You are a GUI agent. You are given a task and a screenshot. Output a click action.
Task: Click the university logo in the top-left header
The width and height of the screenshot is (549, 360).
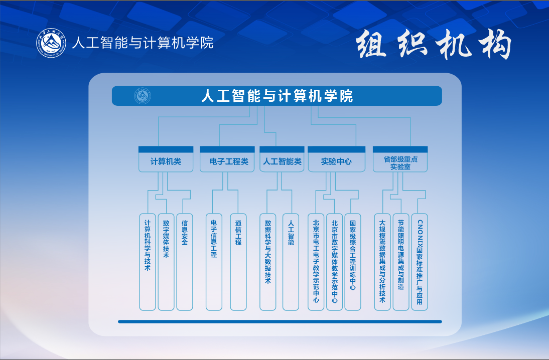coord(51,43)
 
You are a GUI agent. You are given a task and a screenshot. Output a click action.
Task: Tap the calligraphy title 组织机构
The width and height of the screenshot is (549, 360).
coord(434,46)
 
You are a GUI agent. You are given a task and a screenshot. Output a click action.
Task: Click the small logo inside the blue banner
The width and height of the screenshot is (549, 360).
coord(143,96)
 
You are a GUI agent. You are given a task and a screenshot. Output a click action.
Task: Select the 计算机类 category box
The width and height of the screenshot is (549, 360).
coord(166,161)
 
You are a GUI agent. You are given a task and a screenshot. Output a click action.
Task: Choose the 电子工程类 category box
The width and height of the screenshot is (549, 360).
coord(227,161)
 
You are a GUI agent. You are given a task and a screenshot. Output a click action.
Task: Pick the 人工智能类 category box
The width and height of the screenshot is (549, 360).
coord(282,161)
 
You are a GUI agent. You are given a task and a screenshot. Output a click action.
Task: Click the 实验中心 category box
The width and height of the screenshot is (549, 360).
coord(336,161)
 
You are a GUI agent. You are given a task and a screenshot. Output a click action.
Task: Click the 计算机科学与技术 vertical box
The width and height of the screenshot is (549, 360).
coord(148,261)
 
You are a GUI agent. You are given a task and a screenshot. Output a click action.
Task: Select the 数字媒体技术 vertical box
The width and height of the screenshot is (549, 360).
coord(166,261)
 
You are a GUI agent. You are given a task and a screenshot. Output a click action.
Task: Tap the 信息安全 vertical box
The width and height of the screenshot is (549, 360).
coord(184,261)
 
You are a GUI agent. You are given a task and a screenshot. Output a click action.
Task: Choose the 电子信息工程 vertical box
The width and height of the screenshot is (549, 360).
coord(214,261)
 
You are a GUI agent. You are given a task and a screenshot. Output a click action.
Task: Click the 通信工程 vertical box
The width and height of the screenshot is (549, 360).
coord(238,261)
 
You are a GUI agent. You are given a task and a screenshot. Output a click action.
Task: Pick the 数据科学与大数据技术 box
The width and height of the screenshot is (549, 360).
coord(267,261)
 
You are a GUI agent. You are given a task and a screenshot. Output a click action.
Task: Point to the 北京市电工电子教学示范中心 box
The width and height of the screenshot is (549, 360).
coord(316,261)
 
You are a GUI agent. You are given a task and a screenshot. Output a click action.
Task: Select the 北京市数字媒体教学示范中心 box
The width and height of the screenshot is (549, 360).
coord(334,261)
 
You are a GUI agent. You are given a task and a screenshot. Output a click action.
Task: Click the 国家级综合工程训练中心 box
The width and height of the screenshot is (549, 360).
coord(353,261)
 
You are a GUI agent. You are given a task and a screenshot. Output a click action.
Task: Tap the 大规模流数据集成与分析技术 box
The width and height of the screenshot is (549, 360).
coord(382,261)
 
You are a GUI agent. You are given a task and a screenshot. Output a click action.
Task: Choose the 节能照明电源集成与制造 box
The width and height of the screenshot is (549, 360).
coord(401,261)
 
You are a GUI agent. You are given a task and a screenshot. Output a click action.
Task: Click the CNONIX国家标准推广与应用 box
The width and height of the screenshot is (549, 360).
coord(420,261)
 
